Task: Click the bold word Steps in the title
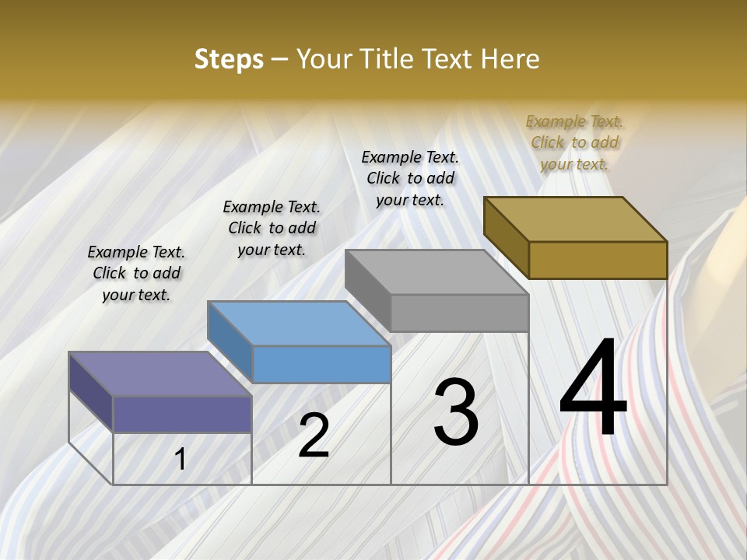(229, 59)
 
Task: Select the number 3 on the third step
(456, 413)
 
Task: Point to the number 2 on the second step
(314, 436)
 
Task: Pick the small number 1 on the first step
(181, 460)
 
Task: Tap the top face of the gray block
(437, 272)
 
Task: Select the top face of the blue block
(299, 324)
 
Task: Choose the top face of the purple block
(160, 374)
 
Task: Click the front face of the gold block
(598, 260)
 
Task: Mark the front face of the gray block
(459, 313)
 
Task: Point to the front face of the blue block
(321, 364)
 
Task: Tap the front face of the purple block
(182, 414)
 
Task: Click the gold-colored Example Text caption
(574, 142)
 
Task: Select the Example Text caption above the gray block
(410, 178)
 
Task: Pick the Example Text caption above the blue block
(272, 228)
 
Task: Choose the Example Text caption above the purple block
(136, 273)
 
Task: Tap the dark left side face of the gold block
(506, 237)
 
